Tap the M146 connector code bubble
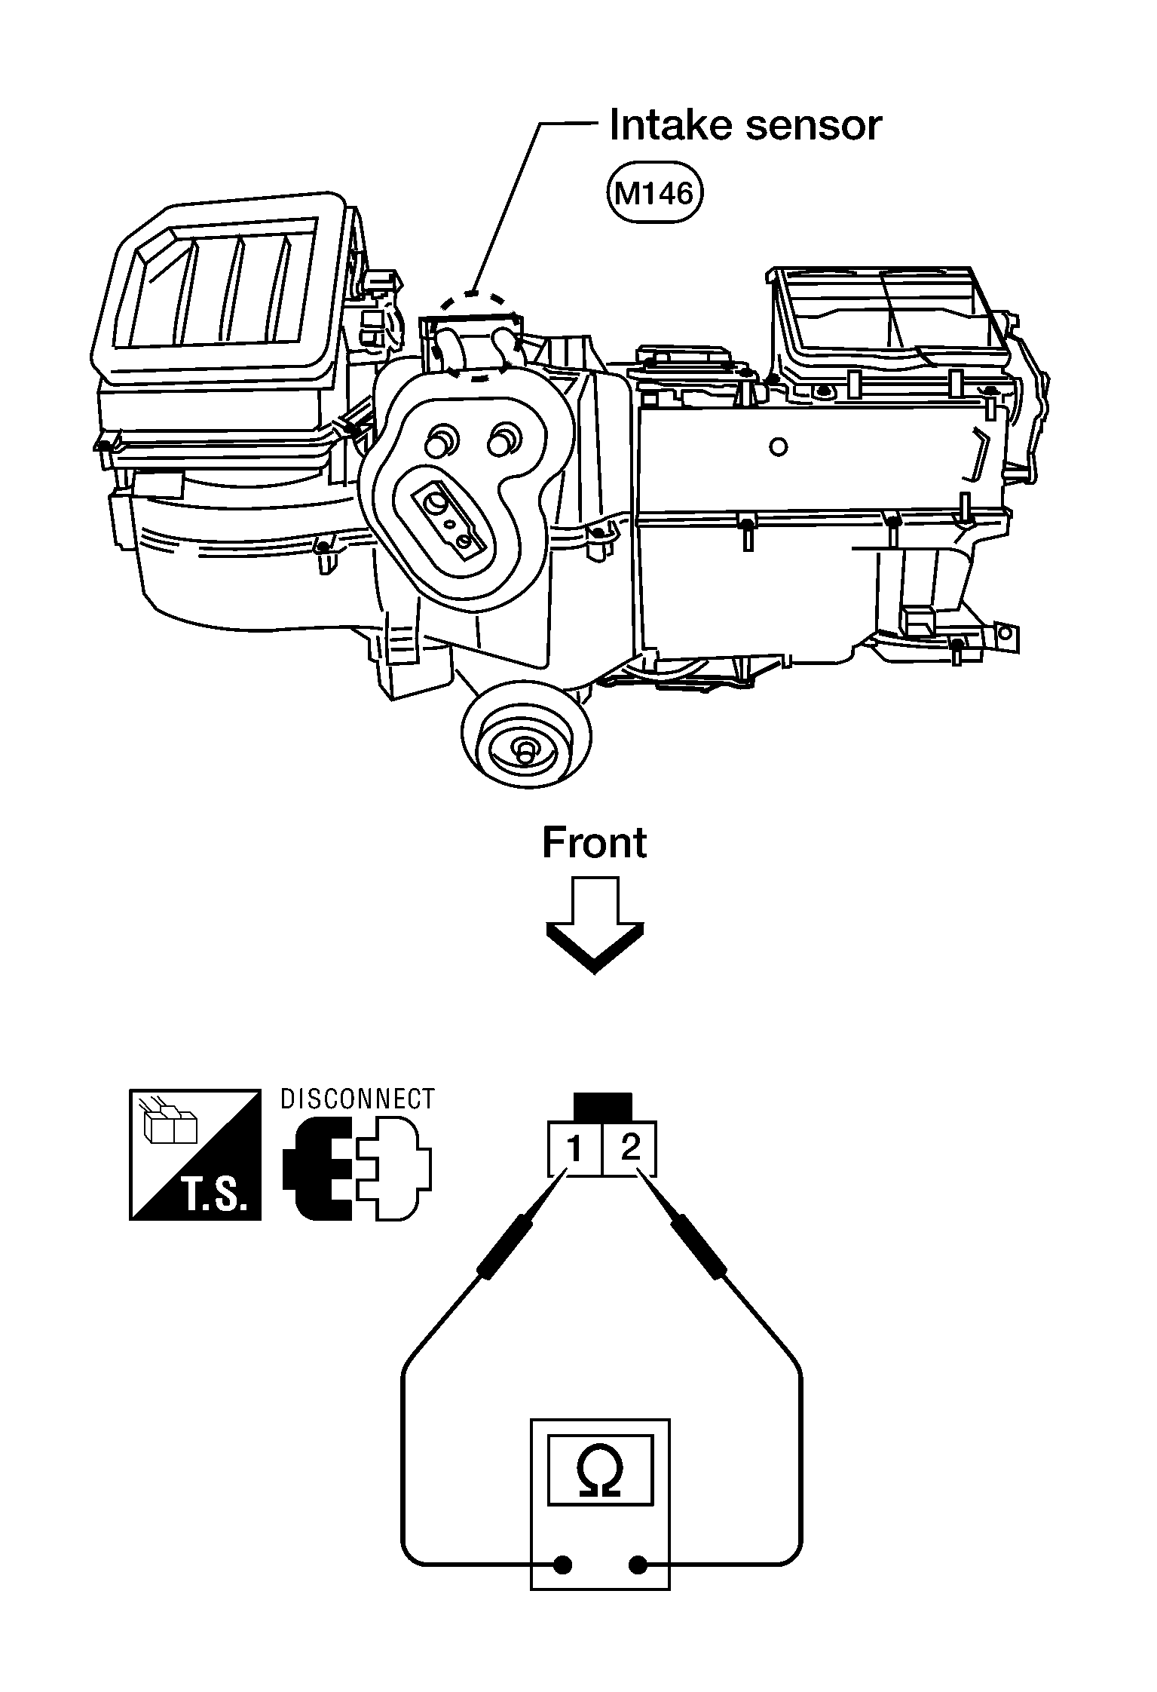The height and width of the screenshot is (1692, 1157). coord(653,195)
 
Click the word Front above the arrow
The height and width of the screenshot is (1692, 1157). coord(594,843)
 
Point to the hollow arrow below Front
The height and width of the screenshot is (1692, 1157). coord(595,924)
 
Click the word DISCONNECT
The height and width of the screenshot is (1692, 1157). coord(357,1099)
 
